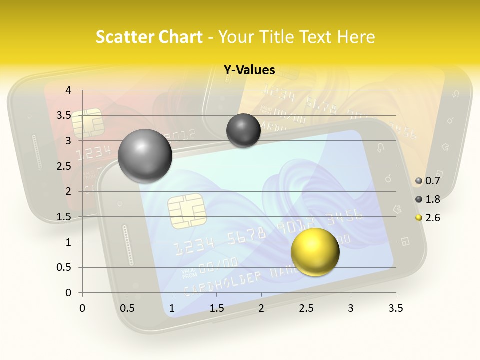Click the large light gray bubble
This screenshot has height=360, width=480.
tap(145, 156)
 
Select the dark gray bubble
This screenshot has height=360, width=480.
tap(243, 130)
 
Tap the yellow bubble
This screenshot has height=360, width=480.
tap(315, 252)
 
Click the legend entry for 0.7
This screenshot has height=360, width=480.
tap(428, 181)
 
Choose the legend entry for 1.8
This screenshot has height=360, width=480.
tap(428, 199)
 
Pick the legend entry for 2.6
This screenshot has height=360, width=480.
tap(428, 218)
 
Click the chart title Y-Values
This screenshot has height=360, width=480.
tap(249, 70)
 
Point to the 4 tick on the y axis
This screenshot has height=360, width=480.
tap(68, 90)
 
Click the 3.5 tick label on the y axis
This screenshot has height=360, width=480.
tap(64, 115)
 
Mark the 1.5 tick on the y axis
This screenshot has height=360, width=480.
tap(64, 217)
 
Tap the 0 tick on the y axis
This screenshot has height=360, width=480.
tap(68, 293)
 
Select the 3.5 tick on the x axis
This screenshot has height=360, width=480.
tap(395, 308)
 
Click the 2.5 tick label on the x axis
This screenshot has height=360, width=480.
tap(306, 308)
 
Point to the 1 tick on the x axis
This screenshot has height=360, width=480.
tap(172, 308)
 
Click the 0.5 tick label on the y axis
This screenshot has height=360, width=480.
tap(64, 267)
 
